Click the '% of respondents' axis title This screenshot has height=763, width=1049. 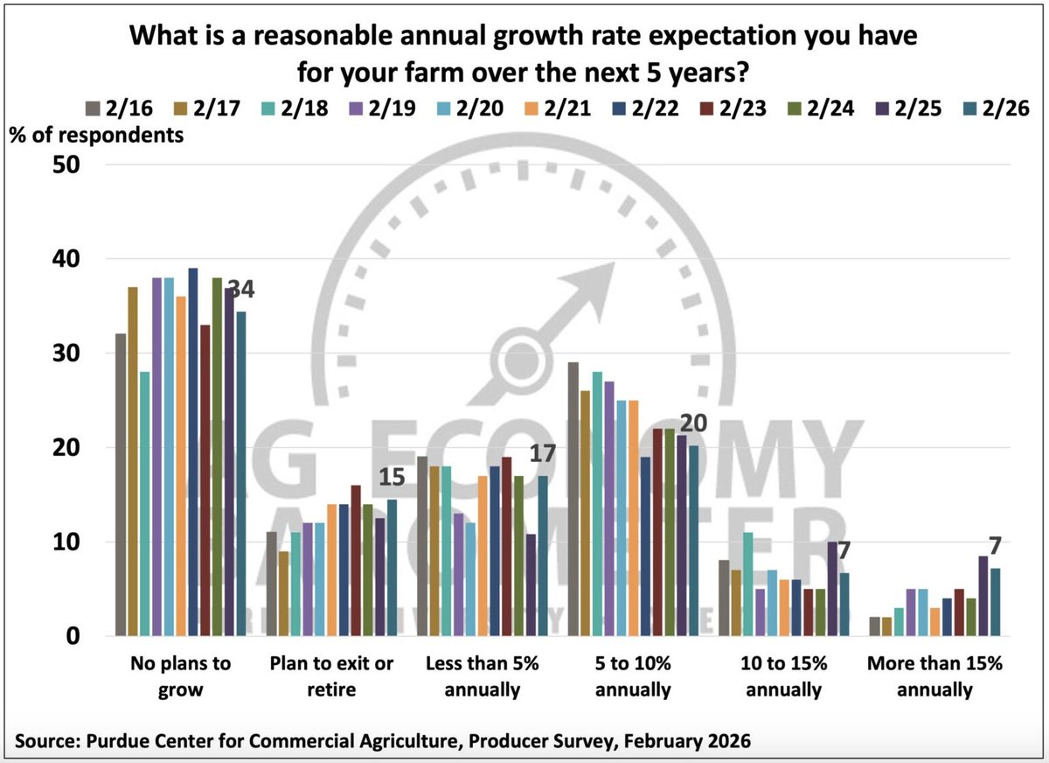(x=97, y=136)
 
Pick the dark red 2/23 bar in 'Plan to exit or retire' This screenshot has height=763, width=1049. (x=355, y=561)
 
